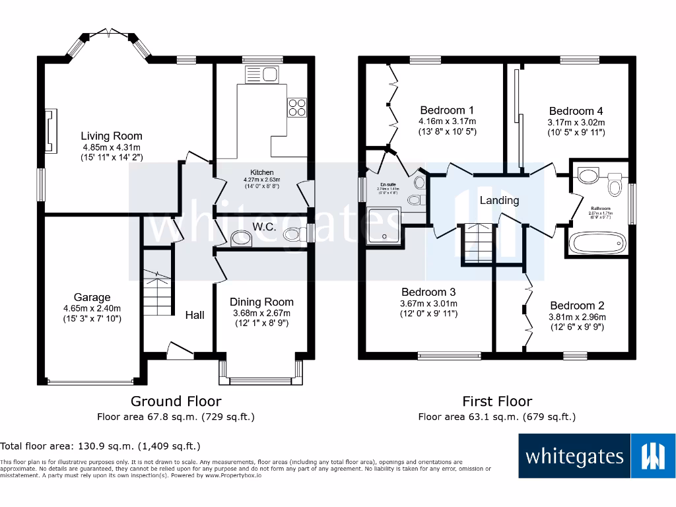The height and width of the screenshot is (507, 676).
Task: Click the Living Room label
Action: (112, 136)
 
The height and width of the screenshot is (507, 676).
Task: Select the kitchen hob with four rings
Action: (296, 107)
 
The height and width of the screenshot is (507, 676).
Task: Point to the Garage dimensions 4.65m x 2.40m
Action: (92, 308)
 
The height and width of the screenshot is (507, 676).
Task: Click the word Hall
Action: (194, 315)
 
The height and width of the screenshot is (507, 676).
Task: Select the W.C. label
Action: (264, 227)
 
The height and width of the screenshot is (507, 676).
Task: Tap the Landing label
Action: (499, 200)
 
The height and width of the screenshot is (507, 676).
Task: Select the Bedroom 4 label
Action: (576, 111)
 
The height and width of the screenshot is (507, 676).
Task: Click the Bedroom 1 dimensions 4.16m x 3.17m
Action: (447, 121)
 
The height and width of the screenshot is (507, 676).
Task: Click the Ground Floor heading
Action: (176, 401)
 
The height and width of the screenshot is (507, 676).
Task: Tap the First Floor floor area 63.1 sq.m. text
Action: (496, 417)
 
